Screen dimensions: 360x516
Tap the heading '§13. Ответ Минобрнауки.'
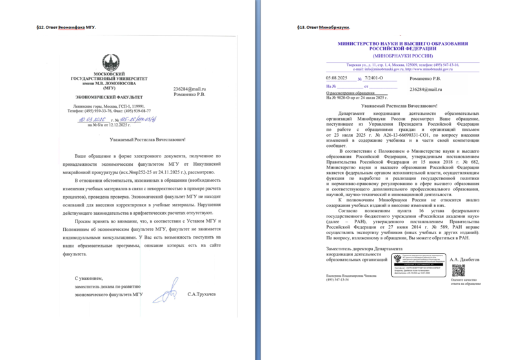coord(324,28)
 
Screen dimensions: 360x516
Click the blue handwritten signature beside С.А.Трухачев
coord(170,291)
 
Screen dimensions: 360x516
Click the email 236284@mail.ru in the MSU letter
coord(190,88)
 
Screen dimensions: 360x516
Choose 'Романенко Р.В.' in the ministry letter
coord(426,77)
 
